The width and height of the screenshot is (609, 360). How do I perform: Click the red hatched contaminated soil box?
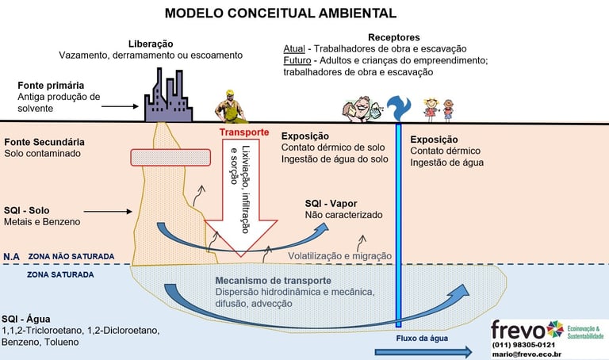pyautogui.click(x=170, y=157)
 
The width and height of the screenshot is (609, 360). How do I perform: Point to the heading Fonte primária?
pyautogui.click(x=50, y=85)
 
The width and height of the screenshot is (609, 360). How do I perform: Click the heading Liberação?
pyautogui.click(x=150, y=43)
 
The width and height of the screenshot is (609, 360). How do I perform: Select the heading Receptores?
pyautogui.click(x=394, y=36)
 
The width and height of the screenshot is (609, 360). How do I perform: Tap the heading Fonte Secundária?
pyautogui.click(x=44, y=141)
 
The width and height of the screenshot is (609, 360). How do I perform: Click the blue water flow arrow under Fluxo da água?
pyautogui.click(x=419, y=350)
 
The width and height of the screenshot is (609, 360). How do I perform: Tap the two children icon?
pyautogui.click(x=439, y=109)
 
